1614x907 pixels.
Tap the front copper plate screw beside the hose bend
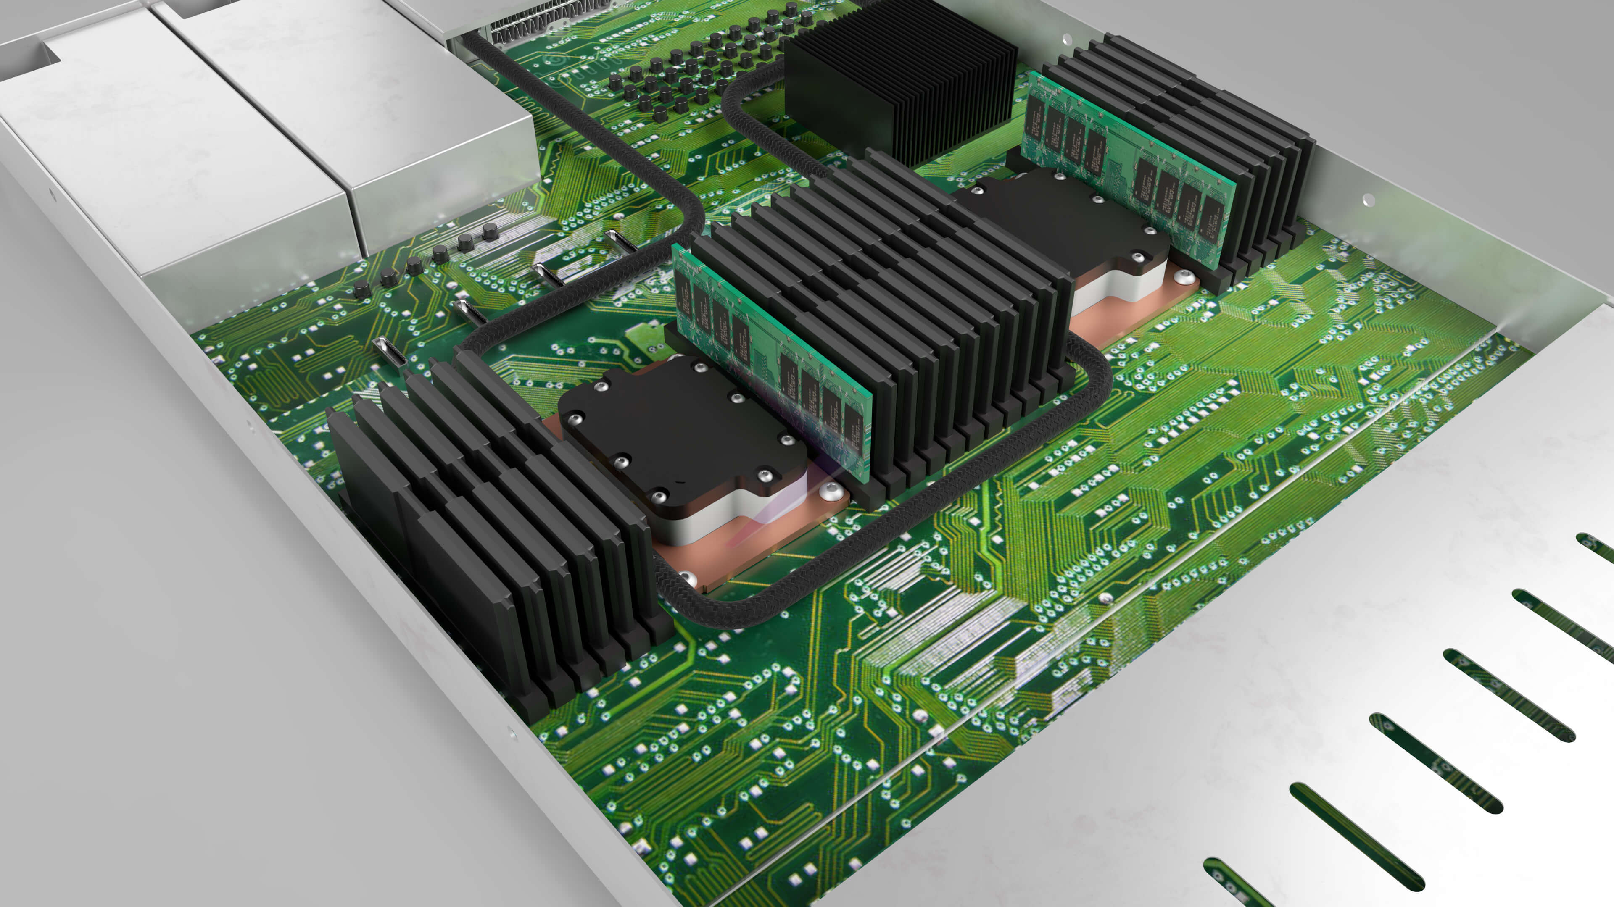(687, 577)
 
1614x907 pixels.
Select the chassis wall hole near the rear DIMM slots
(1369, 200)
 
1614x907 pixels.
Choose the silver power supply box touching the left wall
(157, 157)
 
